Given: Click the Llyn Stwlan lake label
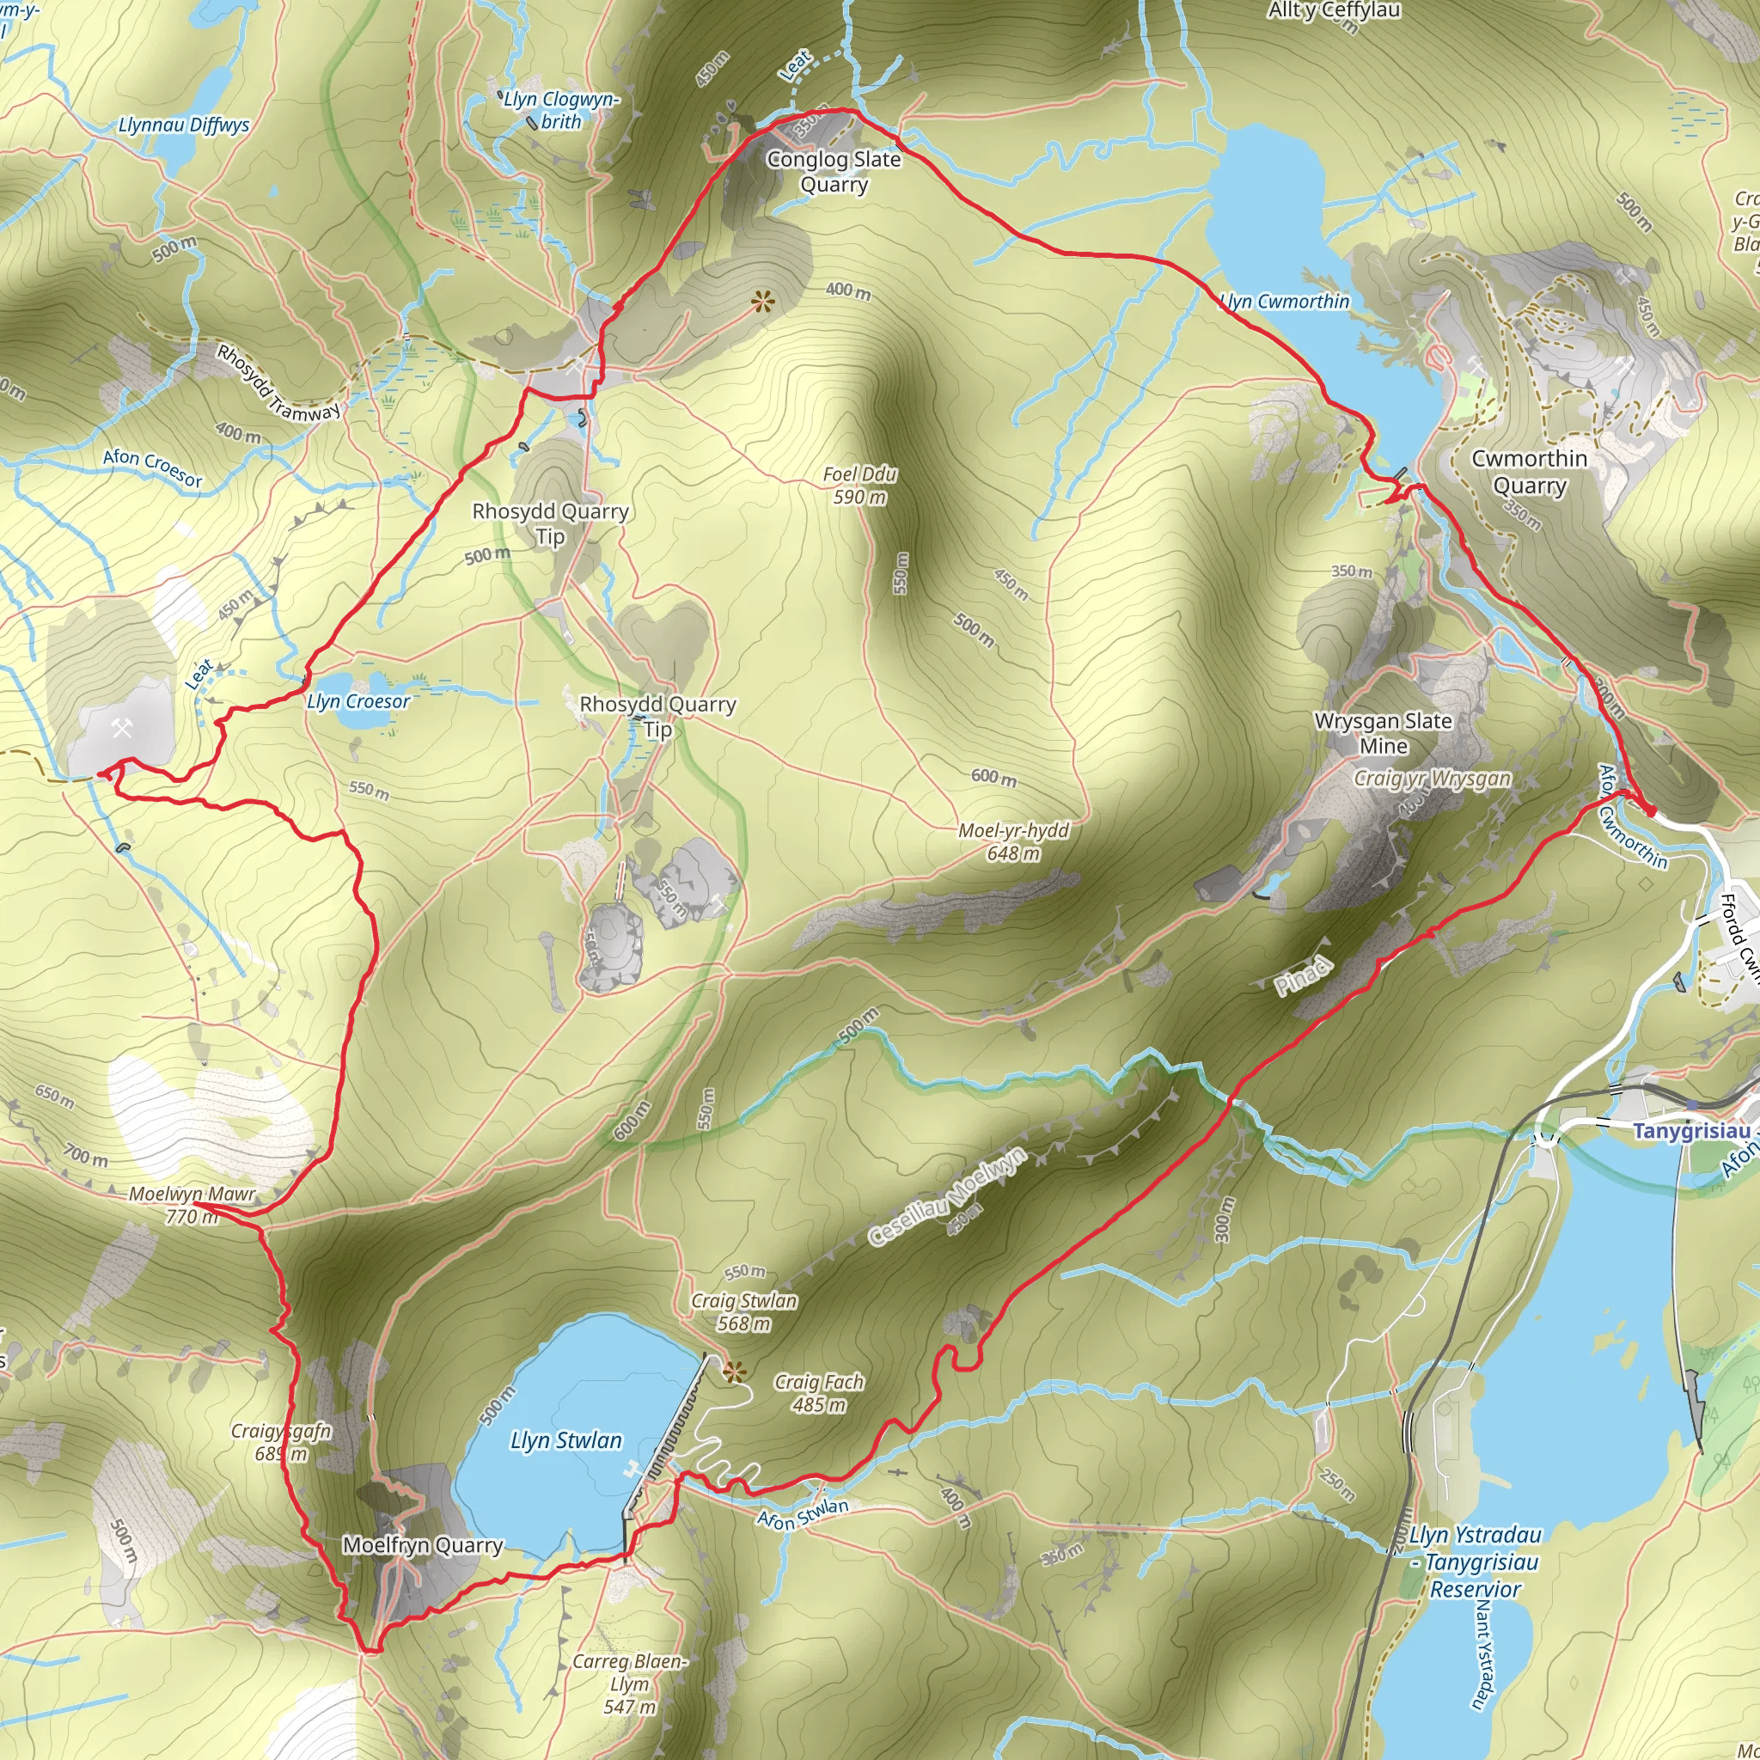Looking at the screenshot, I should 565,1440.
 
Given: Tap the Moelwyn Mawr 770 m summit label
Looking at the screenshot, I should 192,1205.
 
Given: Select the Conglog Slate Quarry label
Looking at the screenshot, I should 834,171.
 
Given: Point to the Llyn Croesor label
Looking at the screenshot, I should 358,701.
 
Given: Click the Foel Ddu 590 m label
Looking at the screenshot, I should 859,486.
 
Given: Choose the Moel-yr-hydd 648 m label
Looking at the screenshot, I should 1013,841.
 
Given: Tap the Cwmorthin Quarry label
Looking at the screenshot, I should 1529,472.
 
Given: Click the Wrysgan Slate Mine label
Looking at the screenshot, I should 1382,733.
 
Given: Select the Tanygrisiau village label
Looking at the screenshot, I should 1690,1132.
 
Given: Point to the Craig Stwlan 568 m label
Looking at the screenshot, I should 743,1311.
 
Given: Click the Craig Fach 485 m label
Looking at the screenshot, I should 818,1393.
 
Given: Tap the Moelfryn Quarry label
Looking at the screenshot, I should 423,1545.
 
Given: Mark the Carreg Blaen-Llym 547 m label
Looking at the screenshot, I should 629,1684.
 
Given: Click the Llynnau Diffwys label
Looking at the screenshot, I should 184,125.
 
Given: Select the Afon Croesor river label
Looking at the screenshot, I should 152,467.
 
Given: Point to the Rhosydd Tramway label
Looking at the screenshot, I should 278,382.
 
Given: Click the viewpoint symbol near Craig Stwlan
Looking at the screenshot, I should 733,1370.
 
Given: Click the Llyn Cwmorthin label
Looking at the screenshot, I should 1285,302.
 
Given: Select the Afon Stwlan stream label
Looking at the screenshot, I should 803,1514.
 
